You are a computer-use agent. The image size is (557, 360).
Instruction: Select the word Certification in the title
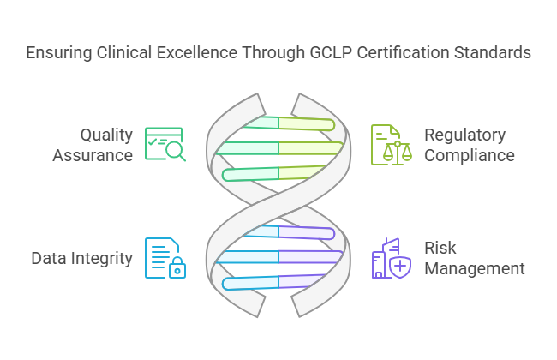(396, 53)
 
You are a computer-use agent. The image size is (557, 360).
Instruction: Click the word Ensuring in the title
(57, 53)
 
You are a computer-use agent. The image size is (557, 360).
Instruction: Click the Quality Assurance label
(93, 145)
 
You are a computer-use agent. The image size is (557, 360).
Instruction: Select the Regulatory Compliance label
(469, 145)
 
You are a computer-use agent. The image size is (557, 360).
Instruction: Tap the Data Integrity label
(82, 258)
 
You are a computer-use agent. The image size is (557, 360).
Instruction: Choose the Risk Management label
(474, 258)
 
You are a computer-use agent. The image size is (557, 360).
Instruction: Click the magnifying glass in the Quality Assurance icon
(175, 153)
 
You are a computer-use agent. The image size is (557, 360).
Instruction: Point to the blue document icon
(161, 256)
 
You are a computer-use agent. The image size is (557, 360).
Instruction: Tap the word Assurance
(93, 155)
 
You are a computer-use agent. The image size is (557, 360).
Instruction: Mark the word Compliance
(469, 155)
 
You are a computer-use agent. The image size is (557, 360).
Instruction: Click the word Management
(474, 268)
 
